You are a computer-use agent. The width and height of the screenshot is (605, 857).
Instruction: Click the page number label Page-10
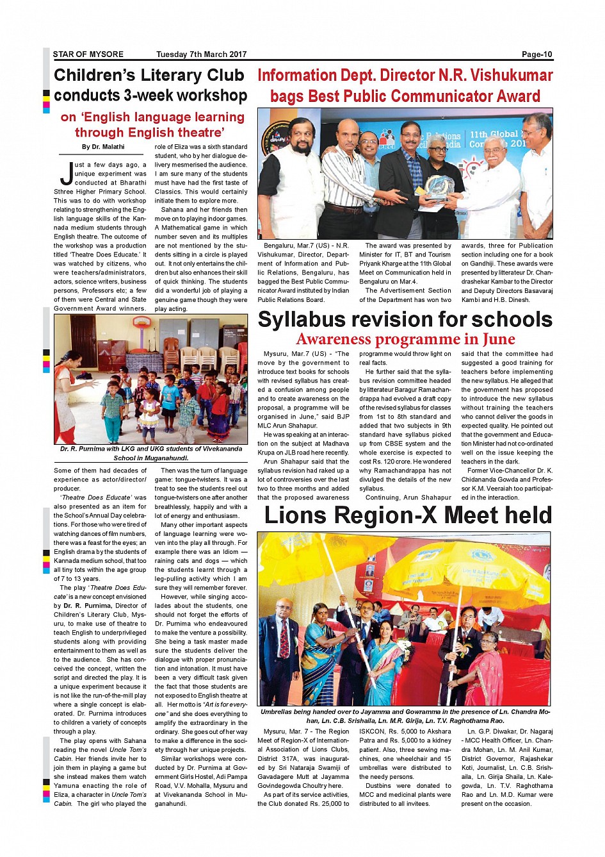536,54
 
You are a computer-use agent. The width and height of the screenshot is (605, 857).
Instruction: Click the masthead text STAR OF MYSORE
88,54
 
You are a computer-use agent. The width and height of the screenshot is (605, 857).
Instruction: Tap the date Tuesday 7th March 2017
201,54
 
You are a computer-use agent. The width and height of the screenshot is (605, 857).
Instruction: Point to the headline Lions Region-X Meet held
408,515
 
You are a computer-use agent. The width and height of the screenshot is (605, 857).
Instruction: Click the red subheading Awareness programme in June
405,339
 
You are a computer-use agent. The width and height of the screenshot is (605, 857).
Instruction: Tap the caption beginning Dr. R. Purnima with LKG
151,453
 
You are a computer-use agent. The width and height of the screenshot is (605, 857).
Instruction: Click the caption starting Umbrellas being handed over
405,716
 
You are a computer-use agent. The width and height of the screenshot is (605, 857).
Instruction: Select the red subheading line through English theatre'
149,133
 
